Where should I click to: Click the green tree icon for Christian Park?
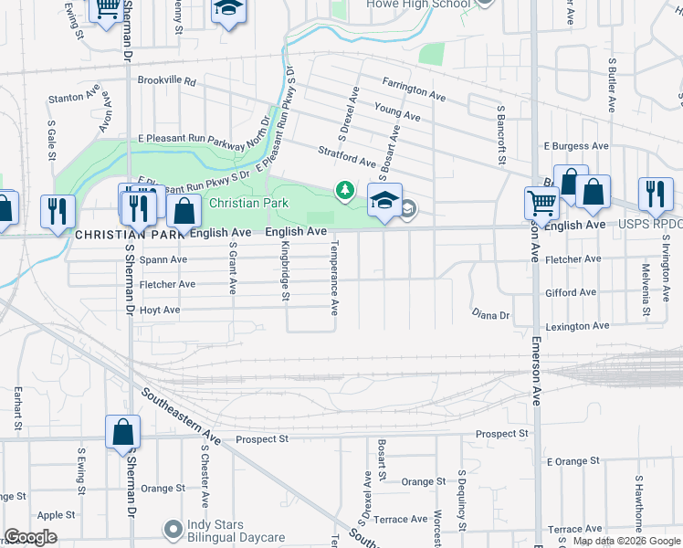[x=345, y=190]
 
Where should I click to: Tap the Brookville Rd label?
[x=167, y=81]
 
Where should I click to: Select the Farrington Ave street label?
[x=414, y=88]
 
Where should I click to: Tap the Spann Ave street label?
[x=164, y=260]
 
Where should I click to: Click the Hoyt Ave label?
[x=159, y=311]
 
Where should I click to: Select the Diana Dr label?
[x=491, y=315]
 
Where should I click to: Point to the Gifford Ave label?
[x=571, y=293]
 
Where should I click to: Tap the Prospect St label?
[x=262, y=439]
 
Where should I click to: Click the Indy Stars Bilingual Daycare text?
[x=236, y=532]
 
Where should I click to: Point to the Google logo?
[x=30, y=537]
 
